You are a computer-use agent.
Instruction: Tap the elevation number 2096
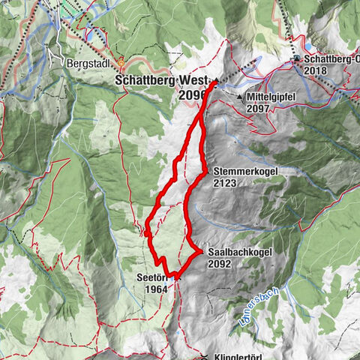pos(193,96)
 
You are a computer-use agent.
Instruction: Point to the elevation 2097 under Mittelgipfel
pos(259,109)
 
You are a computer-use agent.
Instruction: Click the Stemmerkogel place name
pos(244,171)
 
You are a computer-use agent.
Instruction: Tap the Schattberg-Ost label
pos(330,58)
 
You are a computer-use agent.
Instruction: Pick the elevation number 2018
pos(316,70)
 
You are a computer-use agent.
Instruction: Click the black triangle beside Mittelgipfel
pos(240,97)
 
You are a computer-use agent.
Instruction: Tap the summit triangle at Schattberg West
pos(216,80)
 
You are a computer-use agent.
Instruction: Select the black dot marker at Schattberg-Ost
pos(297,58)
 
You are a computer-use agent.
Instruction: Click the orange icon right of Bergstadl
pos(122,64)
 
